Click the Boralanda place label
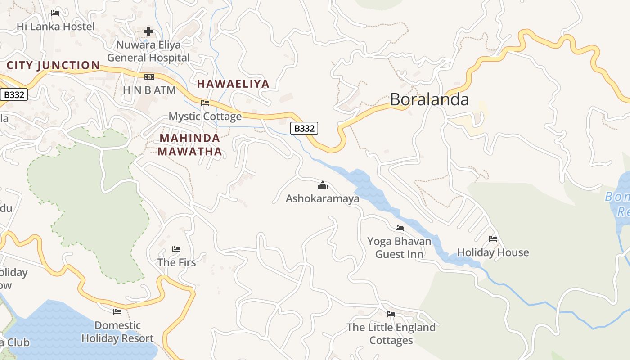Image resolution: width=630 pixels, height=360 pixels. coord(429,99)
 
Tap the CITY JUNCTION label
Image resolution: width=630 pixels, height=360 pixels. coord(53,66)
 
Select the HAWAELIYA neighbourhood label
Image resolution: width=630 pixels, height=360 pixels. coord(233,84)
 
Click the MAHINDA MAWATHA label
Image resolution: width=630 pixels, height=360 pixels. coord(190,145)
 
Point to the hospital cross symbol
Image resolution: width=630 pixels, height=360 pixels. coord(148,31)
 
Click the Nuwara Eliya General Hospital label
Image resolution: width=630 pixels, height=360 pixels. coord(148,51)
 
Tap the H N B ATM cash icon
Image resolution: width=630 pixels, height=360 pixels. coord(149,77)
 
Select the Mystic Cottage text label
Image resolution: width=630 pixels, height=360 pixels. coord(205,117)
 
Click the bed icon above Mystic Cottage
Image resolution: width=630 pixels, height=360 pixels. coord(205,103)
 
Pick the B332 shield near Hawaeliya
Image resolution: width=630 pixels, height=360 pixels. coord(304,128)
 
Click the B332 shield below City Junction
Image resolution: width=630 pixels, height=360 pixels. coord(14,94)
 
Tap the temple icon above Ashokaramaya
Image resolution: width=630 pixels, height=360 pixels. coord(323,185)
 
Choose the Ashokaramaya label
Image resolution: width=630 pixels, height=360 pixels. coord(323,198)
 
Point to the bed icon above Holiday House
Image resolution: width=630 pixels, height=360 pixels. coord(493,239)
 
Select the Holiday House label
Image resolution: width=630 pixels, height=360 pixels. coord(493,252)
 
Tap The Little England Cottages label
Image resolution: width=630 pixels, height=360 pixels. coord(391,334)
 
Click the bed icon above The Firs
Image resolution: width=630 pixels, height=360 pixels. coord(176,249)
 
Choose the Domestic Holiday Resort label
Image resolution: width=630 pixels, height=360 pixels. coord(117,332)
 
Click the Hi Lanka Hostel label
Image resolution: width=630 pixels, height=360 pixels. coord(56,27)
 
